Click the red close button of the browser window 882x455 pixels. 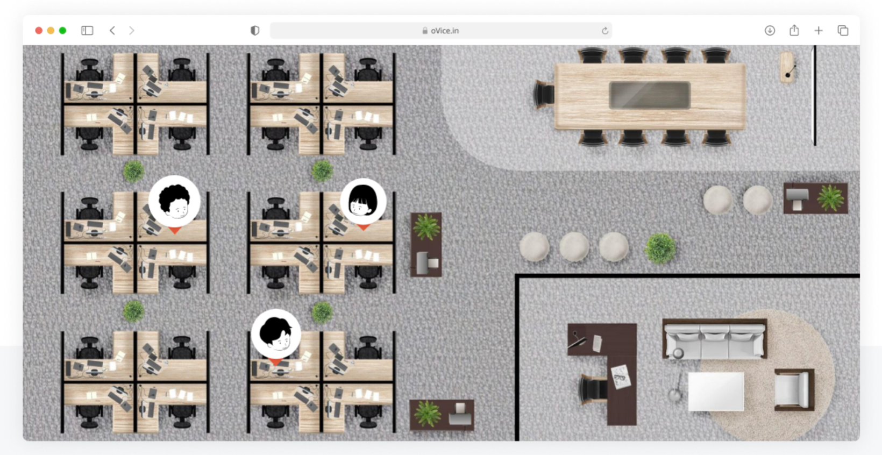tap(39, 31)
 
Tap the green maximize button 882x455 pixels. tap(62, 31)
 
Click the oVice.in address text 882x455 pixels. tap(445, 31)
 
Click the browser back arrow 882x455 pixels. tap(112, 31)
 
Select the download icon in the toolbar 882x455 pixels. tap(770, 31)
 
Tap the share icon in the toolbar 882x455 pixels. tap(794, 30)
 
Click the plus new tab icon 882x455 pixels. tap(819, 31)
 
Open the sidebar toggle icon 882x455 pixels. tap(87, 31)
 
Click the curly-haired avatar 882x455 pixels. tap(174, 202)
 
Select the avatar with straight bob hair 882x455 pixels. tap(363, 202)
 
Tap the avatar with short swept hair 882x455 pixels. tap(276, 334)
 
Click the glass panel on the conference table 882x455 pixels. tap(650, 95)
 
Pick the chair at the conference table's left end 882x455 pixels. tap(544, 95)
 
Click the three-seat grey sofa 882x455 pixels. tap(715, 339)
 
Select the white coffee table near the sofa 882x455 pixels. tap(716, 391)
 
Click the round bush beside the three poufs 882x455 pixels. tap(660, 248)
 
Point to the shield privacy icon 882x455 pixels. tap(255, 31)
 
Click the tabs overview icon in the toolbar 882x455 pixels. tap(843, 31)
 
